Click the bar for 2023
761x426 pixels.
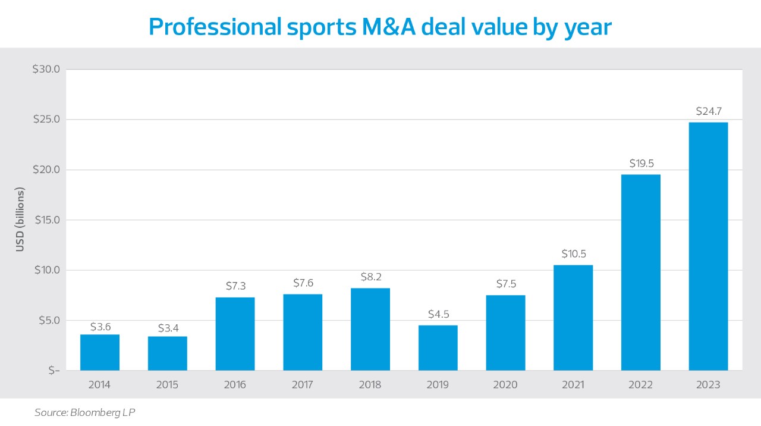point(708,246)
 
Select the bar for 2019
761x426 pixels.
point(438,347)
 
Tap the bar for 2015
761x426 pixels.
point(168,353)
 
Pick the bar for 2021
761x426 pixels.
point(573,318)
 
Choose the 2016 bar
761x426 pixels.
point(235,334)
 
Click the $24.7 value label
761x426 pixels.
point(708,111)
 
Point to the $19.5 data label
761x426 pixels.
point(641,164)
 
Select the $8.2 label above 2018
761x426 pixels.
point(370,277)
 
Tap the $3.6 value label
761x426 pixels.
point(100,327)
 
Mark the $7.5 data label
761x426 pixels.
point(505,284)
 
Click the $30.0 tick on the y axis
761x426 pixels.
point(46,70)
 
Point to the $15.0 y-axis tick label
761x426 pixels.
point(46,220)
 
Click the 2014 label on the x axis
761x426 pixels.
point(100,385)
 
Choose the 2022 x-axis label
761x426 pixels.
point(641,385)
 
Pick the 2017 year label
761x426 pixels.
point(303,385)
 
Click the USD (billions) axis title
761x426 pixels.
point(20,220)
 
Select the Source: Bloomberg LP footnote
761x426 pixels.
point(84,412)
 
